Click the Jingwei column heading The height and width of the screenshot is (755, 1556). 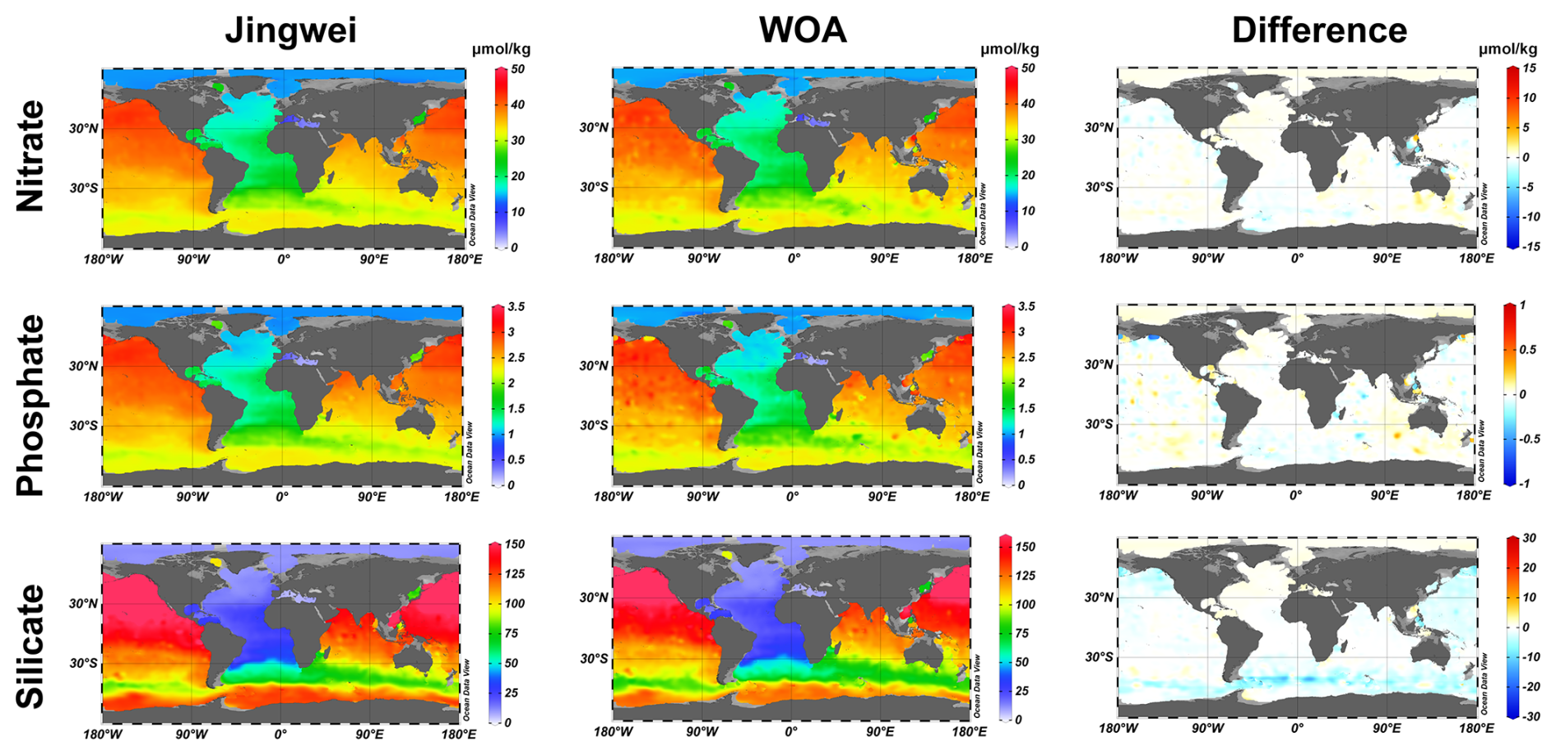click(x=291, y=31)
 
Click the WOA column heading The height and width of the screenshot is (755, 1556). click(x=802, y=30)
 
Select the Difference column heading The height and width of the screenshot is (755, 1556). click(x=1319, y=30)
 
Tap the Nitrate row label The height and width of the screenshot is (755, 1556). click(x=30, y=156)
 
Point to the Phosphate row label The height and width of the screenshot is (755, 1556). click(x=30, y=405)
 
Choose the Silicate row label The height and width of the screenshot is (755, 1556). click(x=30, y=646)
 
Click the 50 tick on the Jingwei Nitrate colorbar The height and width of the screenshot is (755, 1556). click(x=517, y=69)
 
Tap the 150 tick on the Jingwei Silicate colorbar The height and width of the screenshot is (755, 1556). click(x=514, y=544)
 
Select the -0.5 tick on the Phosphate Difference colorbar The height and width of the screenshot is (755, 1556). click(x=1527, y=438)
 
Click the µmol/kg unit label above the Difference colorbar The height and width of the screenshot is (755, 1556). click(x=1507, y=49)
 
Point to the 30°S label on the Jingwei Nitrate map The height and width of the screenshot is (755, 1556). click(x=83, y=188)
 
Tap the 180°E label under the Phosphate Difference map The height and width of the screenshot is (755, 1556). click(x=1473, y=495)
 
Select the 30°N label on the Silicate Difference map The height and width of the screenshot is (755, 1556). click(x=1099, y=598)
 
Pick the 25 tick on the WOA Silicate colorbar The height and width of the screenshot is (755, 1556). click(x=1022, y=691)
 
